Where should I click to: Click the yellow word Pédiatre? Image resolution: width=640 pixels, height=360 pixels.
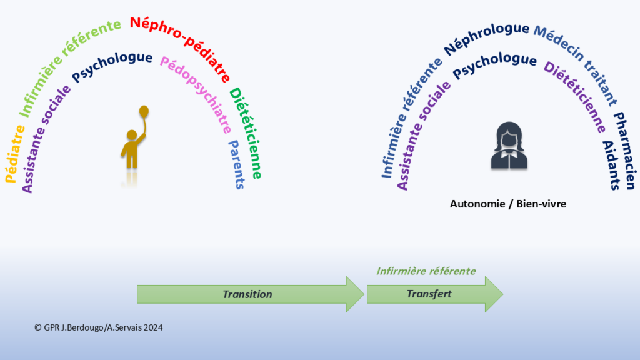click(x=15, y=154)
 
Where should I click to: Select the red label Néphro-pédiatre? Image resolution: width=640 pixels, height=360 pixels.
click(x=182, y=46)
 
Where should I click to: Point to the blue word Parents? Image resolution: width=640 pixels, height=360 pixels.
click(x=237, y=164)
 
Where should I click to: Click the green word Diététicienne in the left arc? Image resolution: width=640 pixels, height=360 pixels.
click(x=246, y=133)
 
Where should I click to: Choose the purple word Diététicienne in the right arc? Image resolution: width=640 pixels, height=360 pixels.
click(x=576, y=96)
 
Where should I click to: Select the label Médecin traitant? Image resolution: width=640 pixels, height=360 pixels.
click(x=576, y=64)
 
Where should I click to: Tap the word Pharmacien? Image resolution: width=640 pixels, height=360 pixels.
click(x=625, y=150)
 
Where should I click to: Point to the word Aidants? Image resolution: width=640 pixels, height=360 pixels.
click(x=611, y=165)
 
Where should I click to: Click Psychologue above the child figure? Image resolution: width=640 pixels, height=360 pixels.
click(x=112, y=66)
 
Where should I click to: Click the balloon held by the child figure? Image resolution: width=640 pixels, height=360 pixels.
click(x=144, y=111)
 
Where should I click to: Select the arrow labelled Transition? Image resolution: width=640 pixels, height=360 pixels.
click(x=250, y=294)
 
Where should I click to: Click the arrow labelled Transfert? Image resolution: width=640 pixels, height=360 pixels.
click(x=435, y=294)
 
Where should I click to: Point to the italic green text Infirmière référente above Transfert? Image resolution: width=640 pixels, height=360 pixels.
click(x=426, y=271)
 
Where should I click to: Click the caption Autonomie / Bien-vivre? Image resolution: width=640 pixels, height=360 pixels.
click(x=507, y=204)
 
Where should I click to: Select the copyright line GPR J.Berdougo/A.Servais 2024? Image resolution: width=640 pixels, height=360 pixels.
click(x=98, y=327)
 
